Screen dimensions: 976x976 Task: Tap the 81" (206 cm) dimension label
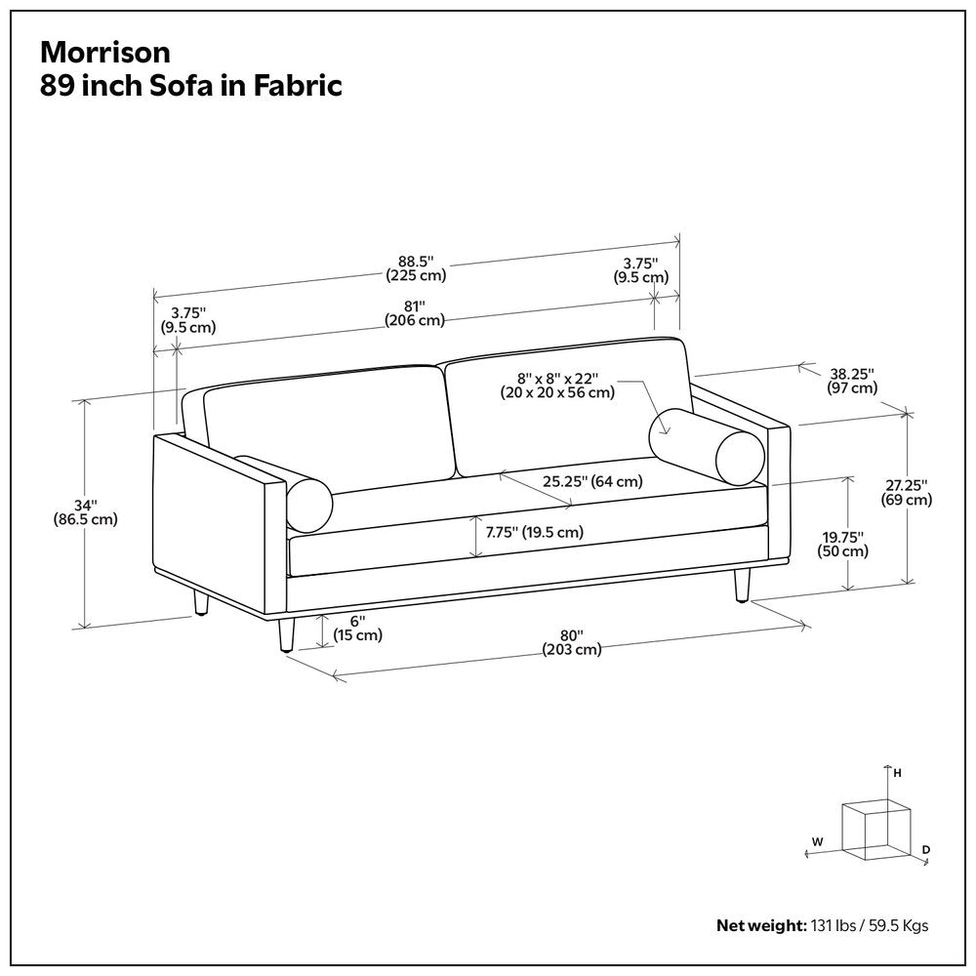(x=414, y=312)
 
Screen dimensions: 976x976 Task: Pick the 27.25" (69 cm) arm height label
(x=906, y=492)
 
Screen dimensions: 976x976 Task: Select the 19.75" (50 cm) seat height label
(x=842, y=544)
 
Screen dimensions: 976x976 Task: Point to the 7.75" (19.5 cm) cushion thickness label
(x=534, y=532)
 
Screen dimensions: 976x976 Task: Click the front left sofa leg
(x=286, y=634)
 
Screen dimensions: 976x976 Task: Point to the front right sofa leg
(x=742, y=584)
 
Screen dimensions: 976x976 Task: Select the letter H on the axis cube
(x=898, y=773)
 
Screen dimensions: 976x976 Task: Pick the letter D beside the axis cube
(x=926, y=850)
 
